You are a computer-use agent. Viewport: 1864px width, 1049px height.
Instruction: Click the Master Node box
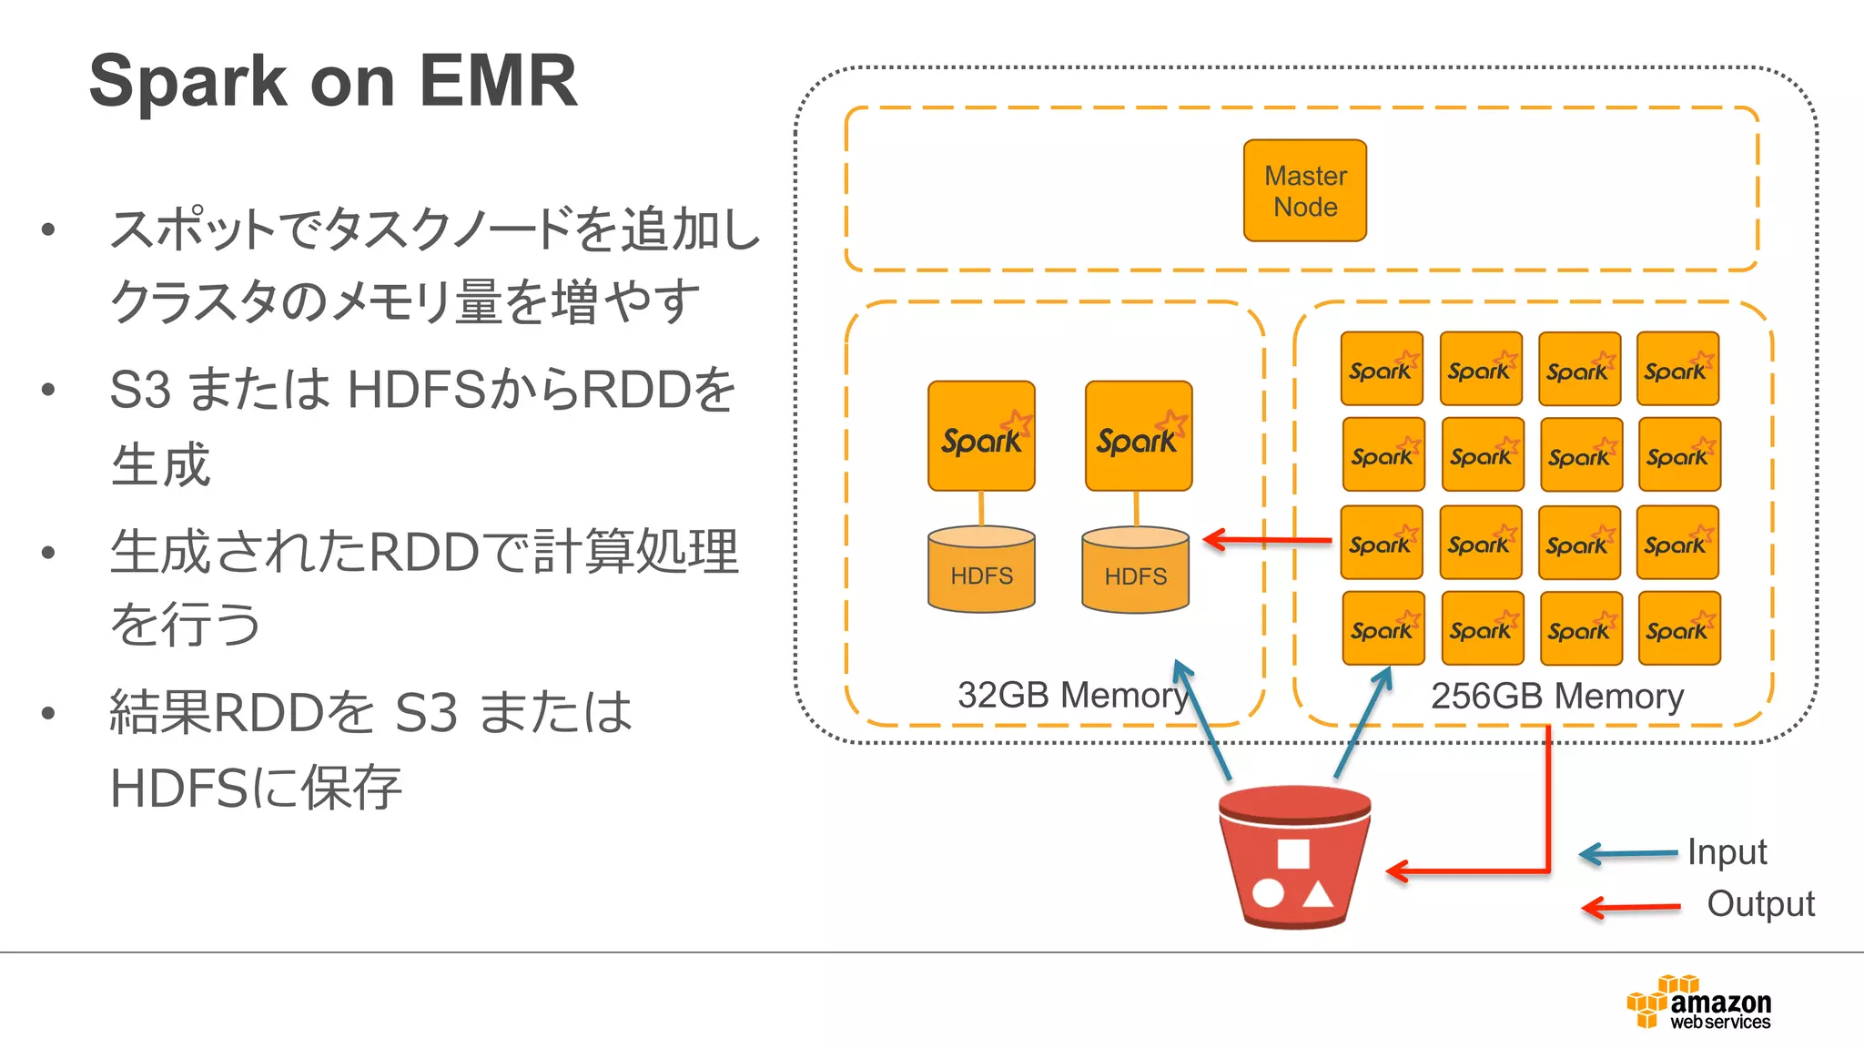pos(1304,190)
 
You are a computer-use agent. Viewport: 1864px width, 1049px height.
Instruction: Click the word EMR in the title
pos(498,82)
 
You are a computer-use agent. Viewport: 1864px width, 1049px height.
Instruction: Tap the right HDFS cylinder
pos(1135,570)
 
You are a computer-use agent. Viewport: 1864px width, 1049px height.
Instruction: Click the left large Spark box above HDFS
pos(981,436)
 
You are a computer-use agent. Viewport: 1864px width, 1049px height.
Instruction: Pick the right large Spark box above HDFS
pos(1138,436)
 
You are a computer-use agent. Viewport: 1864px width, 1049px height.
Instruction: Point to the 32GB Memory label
pos(1072,696)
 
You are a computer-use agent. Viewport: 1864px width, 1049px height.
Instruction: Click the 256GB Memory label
pos(1556,697)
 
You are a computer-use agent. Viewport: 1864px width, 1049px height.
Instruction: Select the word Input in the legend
pos(1727,852)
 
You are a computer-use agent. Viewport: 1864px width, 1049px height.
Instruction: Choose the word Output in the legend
pos(1760,904)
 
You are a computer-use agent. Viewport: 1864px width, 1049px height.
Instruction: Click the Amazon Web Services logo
pos(1698,1003)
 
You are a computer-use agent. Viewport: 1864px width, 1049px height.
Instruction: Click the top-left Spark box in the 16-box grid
pos(1381,369)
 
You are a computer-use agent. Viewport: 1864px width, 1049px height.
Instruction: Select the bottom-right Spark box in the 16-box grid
pos(1678,628)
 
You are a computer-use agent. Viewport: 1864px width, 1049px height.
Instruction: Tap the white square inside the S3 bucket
pos(1293,854)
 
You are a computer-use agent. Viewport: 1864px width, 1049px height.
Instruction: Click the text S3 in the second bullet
pos(140,390)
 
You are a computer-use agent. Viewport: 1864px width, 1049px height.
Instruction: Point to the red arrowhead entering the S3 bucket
pos(1397,871)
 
